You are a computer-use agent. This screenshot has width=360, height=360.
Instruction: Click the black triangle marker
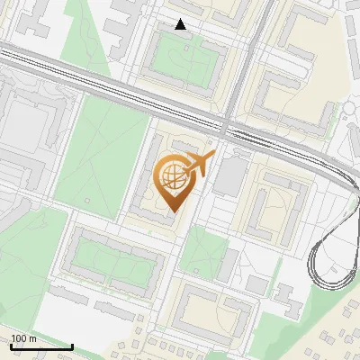point(181,24)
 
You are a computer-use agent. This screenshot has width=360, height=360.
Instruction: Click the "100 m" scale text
point(24,338)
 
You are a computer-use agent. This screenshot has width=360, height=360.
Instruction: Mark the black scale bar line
point(41,346)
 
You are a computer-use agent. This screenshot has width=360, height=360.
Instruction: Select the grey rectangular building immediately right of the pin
point(229,175)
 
